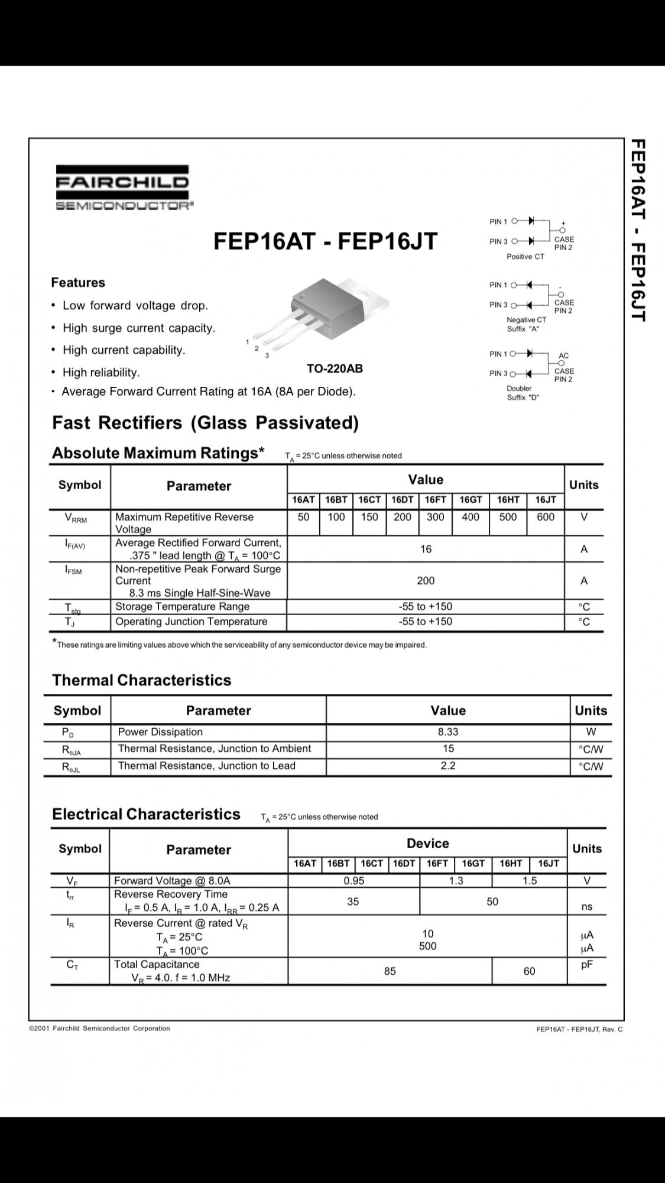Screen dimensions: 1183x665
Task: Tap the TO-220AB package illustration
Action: (x=337, y=313)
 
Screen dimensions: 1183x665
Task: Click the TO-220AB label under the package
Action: (x=335, y=369)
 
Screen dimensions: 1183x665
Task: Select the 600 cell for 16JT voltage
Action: (x=545, y=517)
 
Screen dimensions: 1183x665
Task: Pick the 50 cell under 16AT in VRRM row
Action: (x=303, y=517)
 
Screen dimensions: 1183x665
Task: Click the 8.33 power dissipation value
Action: (x=448, y=732)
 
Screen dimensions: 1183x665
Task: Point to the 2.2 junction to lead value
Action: (x=448, y=765)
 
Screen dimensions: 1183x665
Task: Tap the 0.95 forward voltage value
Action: (x=353, y=881)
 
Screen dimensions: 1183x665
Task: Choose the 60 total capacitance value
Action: (x=529, y=971)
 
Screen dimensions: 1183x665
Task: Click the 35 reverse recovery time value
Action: (x=353, y=901)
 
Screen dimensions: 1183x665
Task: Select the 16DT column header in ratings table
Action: (x=403, y=500)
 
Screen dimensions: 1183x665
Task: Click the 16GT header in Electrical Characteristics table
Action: (x=473, y=864)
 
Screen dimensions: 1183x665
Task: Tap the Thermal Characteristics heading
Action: (x=142, y=680)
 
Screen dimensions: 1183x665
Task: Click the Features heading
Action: (x=78, y=283)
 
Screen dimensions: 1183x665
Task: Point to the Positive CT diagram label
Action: (x=525, y=257)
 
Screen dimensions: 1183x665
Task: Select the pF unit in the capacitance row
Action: (x=586, y=965)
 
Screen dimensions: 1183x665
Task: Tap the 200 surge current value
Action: (x=426, y=581)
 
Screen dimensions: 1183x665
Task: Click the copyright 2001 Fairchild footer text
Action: (x=99, y=1028)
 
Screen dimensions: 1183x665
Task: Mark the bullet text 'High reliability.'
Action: (x=101, y=372)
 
